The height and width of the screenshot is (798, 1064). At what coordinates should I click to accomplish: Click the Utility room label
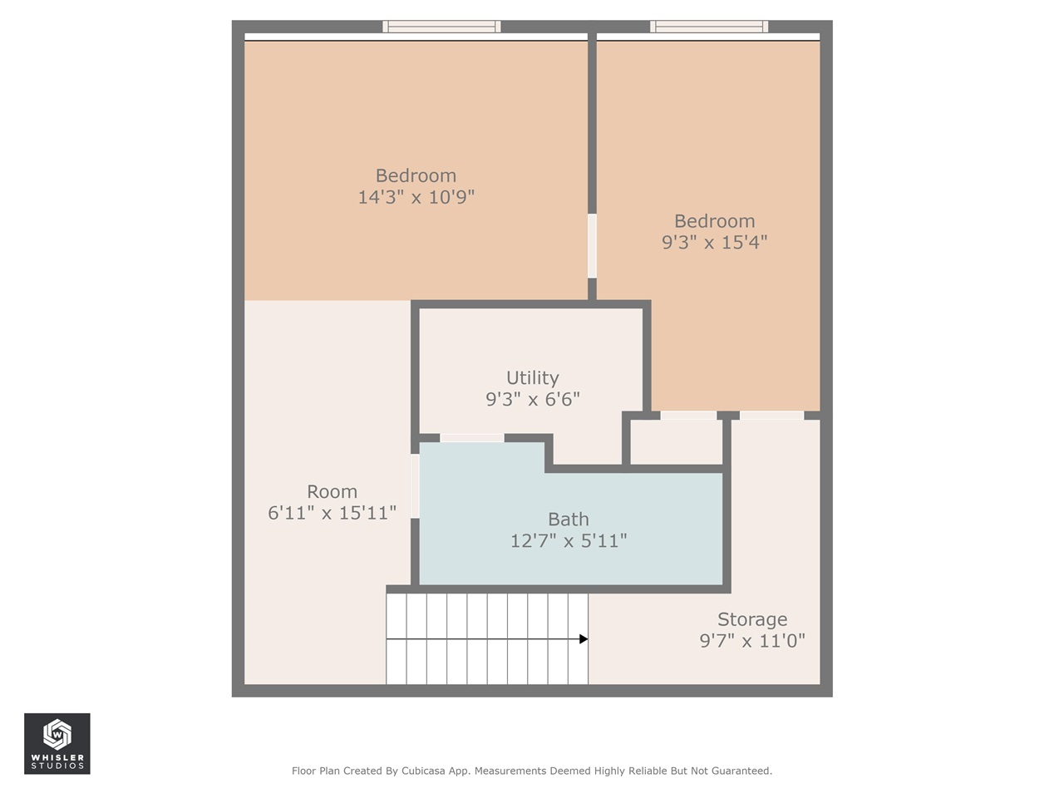pos(532,377)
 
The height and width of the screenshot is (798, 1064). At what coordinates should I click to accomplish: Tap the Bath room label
pos(568,520)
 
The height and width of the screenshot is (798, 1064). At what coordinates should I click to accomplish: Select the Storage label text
pos(752,619)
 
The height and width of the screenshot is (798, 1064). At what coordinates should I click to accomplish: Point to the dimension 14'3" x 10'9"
pos(416,197)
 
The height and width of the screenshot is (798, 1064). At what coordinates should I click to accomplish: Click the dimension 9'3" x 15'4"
pos(714,242)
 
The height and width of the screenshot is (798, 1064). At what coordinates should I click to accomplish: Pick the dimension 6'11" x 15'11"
pos(332,513)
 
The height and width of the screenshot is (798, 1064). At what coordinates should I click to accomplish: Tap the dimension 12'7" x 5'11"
pos(568,541)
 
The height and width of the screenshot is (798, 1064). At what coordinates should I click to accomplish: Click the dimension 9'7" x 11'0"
pos(752,641)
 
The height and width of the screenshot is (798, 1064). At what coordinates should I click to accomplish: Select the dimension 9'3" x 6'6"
pos(532,399)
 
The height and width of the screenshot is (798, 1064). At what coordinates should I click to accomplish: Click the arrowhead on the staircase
pos(584,639)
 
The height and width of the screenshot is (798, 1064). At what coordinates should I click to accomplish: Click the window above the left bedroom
pos(441,27)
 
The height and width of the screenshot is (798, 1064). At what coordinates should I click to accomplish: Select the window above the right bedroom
pos(709,27)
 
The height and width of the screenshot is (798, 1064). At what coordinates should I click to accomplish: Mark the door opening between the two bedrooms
pos(592,246)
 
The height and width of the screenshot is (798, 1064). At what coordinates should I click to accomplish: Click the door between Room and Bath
pos(415,485)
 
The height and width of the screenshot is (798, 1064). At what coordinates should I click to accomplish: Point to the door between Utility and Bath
pos(471,437)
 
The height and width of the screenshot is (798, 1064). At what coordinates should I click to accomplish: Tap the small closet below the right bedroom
pos(676,443)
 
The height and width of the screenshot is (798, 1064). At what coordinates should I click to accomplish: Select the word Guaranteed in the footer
pos(736,771)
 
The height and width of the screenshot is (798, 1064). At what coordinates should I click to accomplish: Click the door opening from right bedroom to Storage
pos(771,415)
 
